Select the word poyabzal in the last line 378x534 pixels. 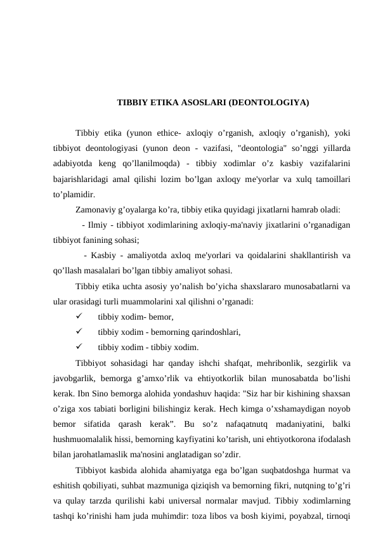tap(306, 513)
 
